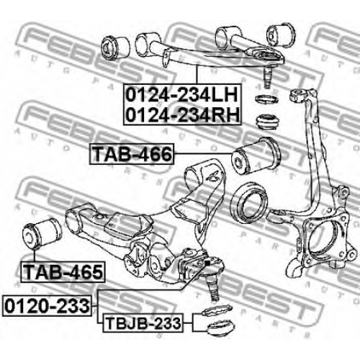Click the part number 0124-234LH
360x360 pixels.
(181, 95)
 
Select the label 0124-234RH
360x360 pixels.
(182, 114)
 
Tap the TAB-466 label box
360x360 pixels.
(132, 154)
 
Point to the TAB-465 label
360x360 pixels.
(63, 271)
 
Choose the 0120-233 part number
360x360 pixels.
(47, 306)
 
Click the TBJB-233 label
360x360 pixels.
(143, 323)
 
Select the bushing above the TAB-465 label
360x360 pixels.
(42, 233)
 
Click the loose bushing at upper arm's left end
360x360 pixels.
(116, 48)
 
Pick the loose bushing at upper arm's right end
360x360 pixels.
(281, 35)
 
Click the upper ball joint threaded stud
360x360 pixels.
(267, 77)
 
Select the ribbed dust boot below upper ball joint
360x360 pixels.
(268, 122)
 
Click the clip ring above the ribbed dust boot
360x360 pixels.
(266, 99)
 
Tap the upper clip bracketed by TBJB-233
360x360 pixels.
(217, 310)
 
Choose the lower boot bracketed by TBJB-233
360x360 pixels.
(220, 328)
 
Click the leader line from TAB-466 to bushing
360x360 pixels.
(203, 153)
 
